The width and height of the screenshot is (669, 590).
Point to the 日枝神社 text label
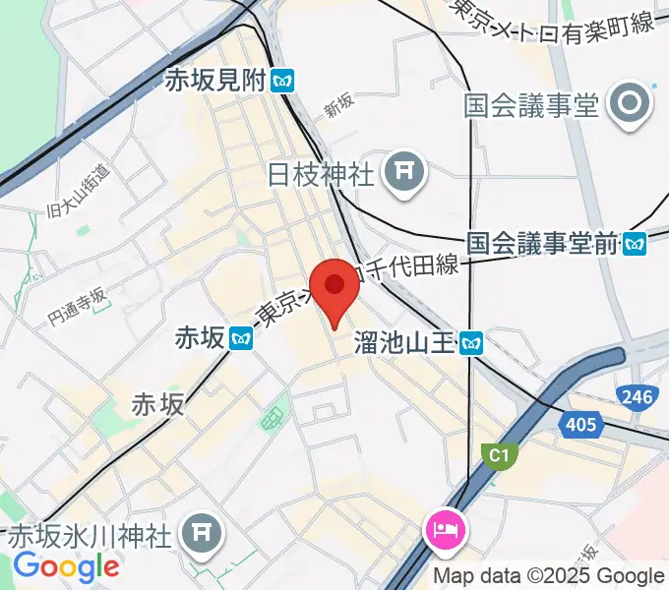tap(321, 175)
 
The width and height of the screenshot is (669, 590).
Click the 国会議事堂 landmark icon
tap(628, 104)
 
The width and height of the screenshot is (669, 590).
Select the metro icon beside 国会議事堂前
tap(636, 243)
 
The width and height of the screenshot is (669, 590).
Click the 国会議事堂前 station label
tap(543, 243)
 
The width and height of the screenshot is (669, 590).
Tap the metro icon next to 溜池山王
tap(474, 342)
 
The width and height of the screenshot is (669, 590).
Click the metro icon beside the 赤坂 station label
tap(242, 339)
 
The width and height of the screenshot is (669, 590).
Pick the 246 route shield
tap(636, 395)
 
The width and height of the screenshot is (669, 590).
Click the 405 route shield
tap(581, 424)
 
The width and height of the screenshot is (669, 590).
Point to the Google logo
tap(66, 565)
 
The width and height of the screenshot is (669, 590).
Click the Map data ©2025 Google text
tap(549, 576)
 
